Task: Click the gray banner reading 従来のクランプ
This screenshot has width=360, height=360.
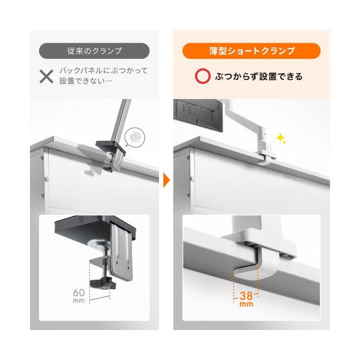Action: (94, 51)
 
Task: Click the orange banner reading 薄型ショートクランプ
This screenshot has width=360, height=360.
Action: (251, 51)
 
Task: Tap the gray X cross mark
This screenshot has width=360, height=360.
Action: (46, 76)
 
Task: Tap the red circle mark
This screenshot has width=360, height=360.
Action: (203, 76)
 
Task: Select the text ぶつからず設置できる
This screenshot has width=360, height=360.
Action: (259, 76)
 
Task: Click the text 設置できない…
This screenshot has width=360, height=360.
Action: (86, 81)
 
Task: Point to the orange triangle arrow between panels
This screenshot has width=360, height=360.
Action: (166, 181)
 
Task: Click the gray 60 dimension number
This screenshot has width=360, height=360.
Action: (79, 293)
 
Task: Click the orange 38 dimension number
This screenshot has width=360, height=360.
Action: (246, 296)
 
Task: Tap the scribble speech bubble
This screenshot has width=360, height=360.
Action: (134, 137)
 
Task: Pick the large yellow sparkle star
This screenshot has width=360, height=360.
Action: (280, 138)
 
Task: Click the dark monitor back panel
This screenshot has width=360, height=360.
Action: (198, 115)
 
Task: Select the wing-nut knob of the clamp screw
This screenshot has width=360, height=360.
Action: (103, 283)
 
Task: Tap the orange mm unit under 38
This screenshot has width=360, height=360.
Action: (247, 304)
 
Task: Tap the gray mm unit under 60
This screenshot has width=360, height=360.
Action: (79, 301)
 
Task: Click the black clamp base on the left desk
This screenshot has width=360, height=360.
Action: (110, 147)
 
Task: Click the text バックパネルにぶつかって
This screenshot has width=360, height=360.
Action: (104, 70)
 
